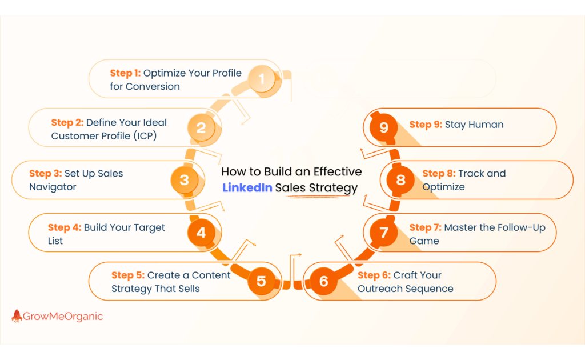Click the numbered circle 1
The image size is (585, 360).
tap(262, 78)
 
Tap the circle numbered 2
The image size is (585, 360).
tap(201, 127)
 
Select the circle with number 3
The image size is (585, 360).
tap(184, 180)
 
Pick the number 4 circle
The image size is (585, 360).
tap(201, 233)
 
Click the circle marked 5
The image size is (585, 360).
tap(261, 281)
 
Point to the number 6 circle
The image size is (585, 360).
tap(324, 281)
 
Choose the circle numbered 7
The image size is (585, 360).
tap(384, 233)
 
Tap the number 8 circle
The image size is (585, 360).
tap(400, 180)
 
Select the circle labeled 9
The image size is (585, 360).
tap(384, 127)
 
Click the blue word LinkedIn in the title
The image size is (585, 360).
tap(247, 188)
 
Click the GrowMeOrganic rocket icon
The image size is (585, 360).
tap(17, 316)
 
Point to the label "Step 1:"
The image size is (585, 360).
tap(125, 73)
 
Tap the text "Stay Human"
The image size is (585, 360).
tap(474, 125)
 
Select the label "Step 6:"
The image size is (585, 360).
tap(374, 275)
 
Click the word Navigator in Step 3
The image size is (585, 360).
tap(53, 187)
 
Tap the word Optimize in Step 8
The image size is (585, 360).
tap(443, 187)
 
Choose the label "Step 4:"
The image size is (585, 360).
tap(65, 227)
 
